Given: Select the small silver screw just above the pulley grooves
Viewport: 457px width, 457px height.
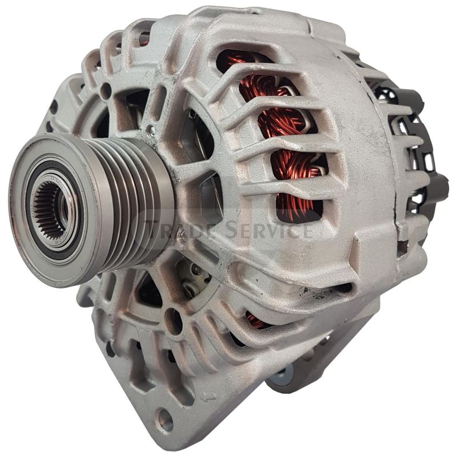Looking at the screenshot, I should tap(150, 130).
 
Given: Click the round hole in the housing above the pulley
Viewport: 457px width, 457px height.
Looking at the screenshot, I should tap(106, 90).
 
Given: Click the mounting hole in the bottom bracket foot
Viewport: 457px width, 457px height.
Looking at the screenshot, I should tap(165, 421).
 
